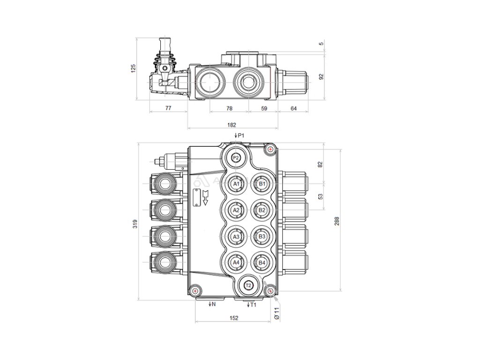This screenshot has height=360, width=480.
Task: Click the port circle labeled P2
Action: (x=236, y=158)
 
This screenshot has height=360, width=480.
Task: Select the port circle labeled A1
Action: (x=237, y=184)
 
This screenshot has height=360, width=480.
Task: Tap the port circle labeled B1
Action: (x=262, y=184)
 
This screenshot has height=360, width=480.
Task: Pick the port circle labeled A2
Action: (x=237, y=210)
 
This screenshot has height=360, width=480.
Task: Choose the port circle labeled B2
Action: (x=262, y=210)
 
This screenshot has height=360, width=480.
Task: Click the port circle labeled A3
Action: (x=237, y=237)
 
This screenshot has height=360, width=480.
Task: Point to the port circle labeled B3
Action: (x=262, y=237)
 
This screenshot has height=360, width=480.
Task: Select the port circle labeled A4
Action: (x=237, y=263)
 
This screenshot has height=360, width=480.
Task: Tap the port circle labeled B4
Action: (x=262, y=263)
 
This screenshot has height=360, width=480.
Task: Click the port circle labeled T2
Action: (x=249, y=285)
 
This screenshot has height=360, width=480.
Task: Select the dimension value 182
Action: (x=231, y=125)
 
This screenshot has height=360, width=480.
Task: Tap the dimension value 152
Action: (x=234, y=318)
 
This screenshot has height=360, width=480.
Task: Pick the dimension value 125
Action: (x=133, y=68)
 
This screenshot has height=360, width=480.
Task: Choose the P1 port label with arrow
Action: (x=239, y=135)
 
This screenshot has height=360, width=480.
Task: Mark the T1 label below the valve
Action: (x=252, y=305)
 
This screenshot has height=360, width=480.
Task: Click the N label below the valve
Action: (x=212, y=305)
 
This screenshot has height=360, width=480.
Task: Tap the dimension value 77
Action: (x=168, y=108)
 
